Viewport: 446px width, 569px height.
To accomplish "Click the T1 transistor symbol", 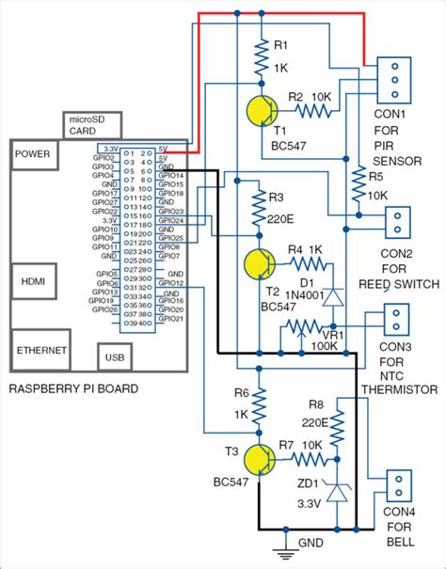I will click(263, 110).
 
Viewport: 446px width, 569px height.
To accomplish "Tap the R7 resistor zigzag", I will click(310, 459).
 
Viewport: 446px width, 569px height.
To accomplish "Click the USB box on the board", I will click(113, 358).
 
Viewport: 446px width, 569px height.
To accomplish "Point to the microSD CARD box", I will click(90, 125).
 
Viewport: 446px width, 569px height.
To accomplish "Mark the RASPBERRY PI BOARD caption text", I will click(73, 388).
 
